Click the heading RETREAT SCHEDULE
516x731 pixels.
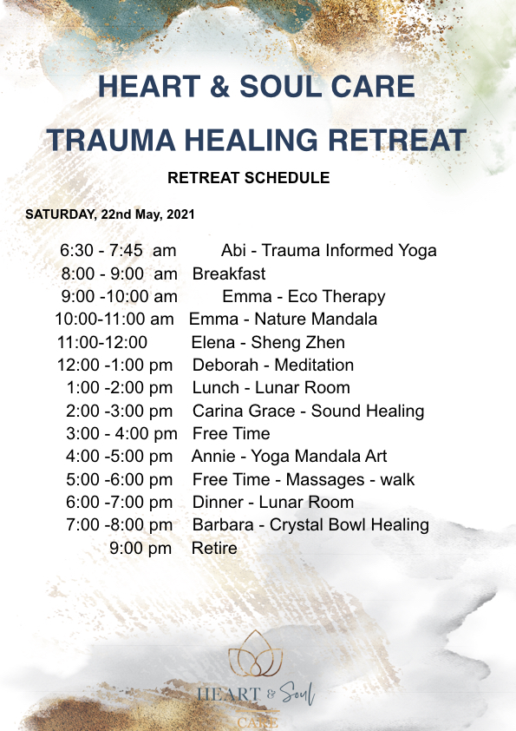(x=249, y=178)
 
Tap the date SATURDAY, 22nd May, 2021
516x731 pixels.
(x=110, y=214)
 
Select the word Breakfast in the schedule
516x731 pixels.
(x=229, y=273)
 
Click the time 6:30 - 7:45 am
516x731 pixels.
(x=118, y=250)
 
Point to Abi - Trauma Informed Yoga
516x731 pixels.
(x=329, y=251)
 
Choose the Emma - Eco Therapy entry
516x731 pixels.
(x=304, y=297)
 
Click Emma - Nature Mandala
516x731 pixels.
(x=283, y=319)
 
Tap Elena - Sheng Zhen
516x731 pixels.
(x=268, y=343)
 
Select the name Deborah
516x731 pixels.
(x=225, y=365)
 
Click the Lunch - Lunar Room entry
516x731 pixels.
(x=271, y=388)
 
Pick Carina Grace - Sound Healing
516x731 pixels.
(x=308, y=412)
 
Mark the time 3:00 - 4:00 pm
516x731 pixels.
(x=121, y=433)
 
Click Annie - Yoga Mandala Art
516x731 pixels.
(x=289, y=456)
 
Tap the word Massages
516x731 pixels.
(x=324, y=480)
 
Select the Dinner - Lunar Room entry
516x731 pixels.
(x=273, y=502)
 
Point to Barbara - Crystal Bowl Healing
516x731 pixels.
(x=310, y=525)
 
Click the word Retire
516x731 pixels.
(x=214, y=549)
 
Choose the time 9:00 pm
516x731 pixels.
(x=140, y=549)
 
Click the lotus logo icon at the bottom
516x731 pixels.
(x=255, y=654)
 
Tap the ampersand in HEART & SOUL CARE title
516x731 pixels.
(x=219, y=87)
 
